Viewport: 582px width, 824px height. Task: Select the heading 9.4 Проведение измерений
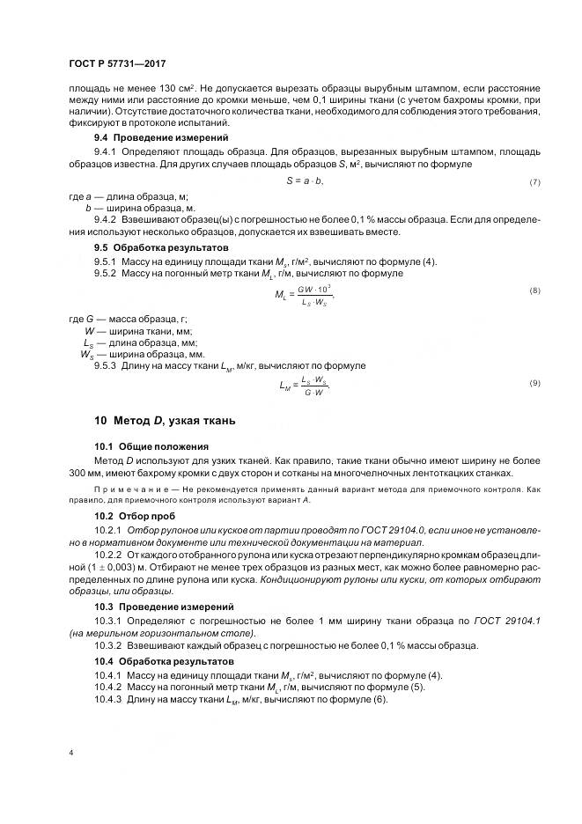[161, 138]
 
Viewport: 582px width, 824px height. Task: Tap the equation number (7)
[534, 181]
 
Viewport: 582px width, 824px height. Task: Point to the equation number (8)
[534, 291]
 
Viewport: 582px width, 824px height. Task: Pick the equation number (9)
[534, 382]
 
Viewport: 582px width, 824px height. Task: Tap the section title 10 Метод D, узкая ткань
[165, 421]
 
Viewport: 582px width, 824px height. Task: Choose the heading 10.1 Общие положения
[151, 447]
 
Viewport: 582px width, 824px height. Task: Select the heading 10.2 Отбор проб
[135, 514]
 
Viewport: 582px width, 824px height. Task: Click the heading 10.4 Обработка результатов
[164, 660]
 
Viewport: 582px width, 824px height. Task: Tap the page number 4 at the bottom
[70, 753]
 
